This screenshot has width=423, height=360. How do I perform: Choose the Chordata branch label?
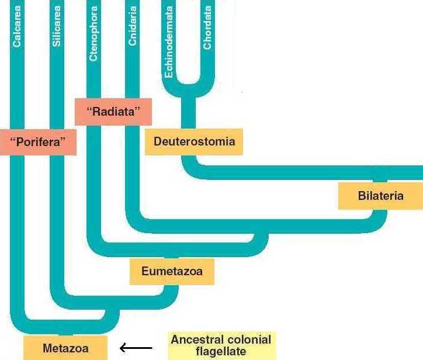pos(207,28)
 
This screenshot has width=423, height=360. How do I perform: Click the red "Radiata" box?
pos(113,112)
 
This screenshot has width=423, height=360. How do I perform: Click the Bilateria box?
pos(380,196)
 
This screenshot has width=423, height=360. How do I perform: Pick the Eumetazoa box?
pos(172,272)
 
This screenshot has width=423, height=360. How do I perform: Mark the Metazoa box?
pos(65,348)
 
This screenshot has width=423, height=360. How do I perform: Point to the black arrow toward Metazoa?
pos(136,348)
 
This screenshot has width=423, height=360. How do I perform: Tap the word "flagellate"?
pos(220,352)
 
